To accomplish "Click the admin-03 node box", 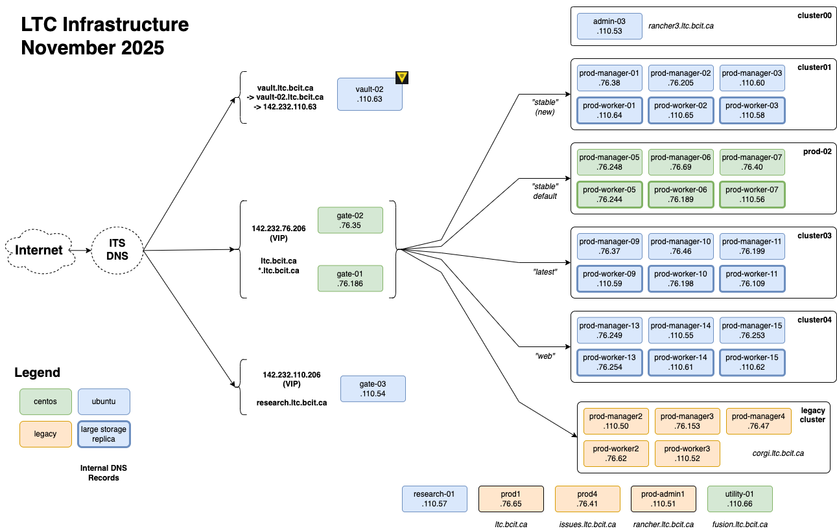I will coord(609,26).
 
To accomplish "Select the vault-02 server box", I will coord(370,95).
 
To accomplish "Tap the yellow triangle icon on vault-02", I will coord(402,77).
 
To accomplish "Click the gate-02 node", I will coord(350,220).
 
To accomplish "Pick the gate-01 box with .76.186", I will coord(350,278).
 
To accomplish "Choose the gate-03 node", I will coord(373,389).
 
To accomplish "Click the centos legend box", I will coord(45,401).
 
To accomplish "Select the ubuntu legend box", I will coord(104,401).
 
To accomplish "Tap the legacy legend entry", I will coord(45,434).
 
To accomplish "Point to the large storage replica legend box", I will coord(104,434).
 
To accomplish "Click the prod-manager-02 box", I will coord(681,78).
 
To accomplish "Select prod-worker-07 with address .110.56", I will coord(752,194).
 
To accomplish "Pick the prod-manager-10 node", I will coord(681,246).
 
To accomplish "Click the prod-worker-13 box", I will coord(609,363).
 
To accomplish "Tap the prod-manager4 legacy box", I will coord(759,421).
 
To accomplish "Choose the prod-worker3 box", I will coord(687,453).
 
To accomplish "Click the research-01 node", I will coord(434,499).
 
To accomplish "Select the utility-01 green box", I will coord(740,499).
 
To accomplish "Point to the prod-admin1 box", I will coord(664,499).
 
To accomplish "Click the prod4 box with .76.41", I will coord(587,499).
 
